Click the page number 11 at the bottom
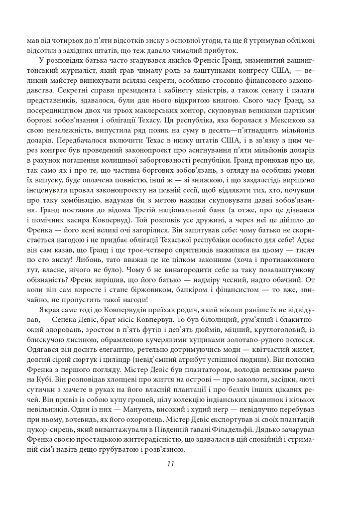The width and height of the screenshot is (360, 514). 170,463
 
